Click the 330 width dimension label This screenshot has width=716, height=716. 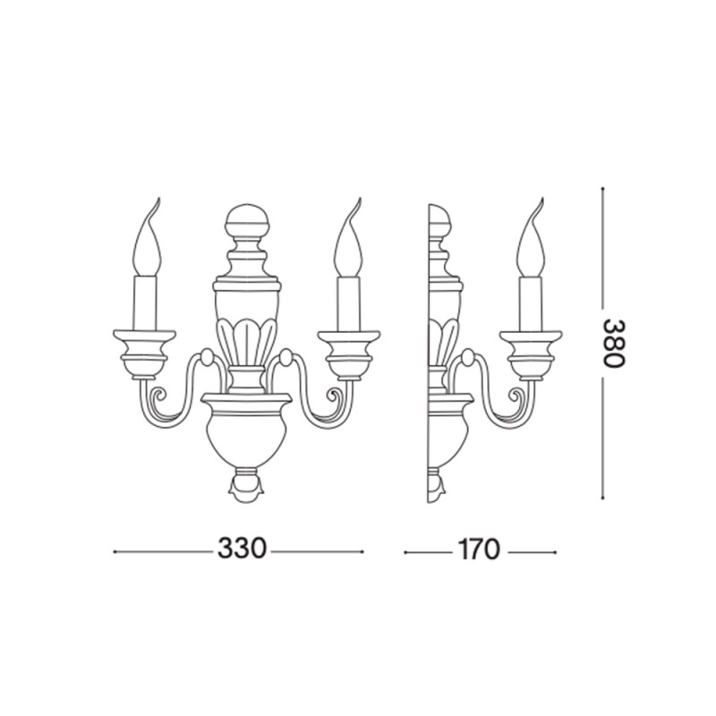pos(242,550)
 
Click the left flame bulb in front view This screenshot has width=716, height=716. pos(149,243)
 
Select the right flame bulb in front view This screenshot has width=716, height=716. pos(348,243)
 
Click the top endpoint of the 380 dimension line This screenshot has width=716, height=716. pos(603,188)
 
